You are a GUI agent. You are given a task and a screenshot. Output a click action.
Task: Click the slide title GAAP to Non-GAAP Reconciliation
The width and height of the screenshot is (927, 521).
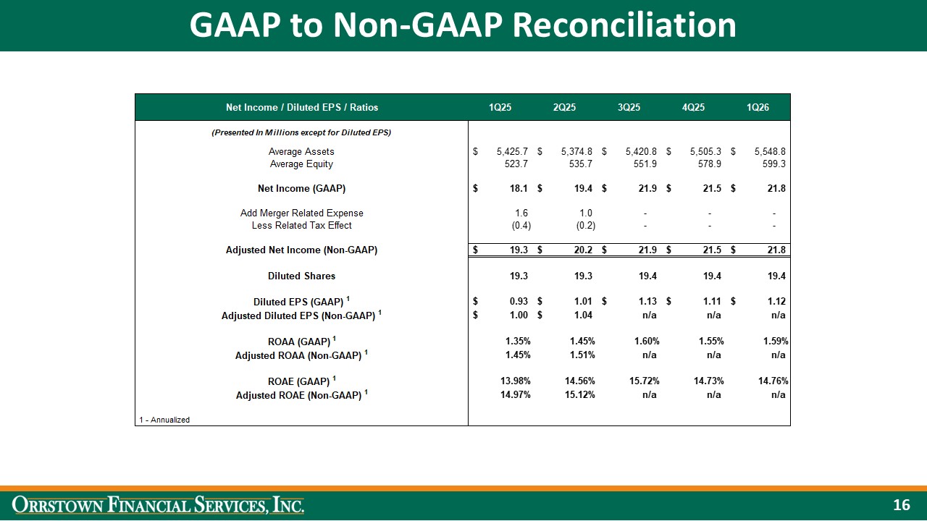463,25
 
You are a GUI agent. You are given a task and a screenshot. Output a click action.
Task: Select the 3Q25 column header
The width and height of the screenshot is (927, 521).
629,108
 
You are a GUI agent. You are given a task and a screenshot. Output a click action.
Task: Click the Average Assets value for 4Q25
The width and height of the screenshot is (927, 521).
706,152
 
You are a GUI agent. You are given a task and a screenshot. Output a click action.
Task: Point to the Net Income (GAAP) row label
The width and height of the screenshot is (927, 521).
301,189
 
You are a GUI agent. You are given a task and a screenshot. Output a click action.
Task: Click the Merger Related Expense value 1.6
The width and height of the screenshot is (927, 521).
521,213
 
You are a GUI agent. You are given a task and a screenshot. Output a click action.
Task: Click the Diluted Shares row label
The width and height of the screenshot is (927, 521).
301,276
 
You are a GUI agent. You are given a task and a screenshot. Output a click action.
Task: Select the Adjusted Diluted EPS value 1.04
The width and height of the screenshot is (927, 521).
582,315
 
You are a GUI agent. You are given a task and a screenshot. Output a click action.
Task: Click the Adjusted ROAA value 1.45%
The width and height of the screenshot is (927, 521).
517,355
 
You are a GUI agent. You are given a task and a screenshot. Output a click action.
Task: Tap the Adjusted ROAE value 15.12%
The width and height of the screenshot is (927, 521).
579,395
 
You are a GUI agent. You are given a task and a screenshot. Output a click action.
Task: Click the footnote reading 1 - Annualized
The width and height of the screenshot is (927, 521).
164,420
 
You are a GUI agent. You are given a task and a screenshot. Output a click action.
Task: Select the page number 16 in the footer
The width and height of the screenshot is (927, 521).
901,505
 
